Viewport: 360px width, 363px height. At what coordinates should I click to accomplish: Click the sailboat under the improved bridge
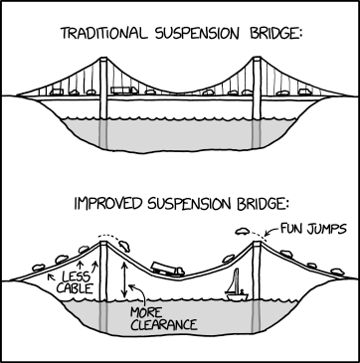(237, 289)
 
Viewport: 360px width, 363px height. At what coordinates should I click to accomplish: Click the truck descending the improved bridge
(166, 269)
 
